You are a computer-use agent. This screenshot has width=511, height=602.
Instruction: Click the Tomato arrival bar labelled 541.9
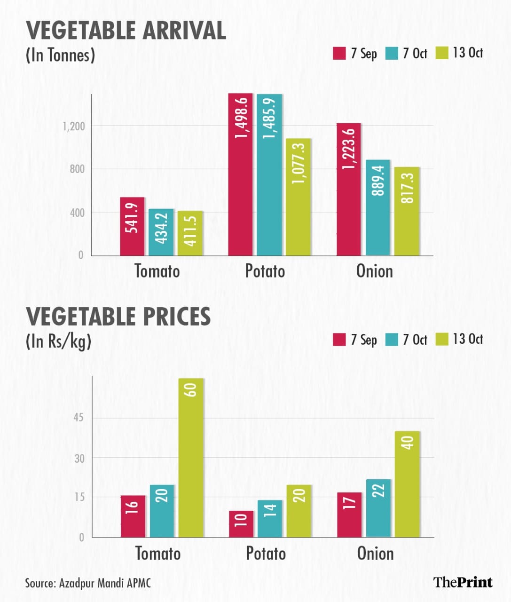click(132, 226)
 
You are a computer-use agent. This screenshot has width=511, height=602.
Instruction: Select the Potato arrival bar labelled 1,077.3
click(299, 197)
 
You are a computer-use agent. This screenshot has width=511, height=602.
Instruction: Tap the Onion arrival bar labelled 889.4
click(378, 207)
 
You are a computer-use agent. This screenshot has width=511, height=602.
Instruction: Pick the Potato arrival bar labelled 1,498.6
click(241, 174)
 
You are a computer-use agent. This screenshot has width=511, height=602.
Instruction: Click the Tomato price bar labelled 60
click(191, 458)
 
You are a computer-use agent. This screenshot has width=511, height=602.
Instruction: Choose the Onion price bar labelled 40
click(407, 484)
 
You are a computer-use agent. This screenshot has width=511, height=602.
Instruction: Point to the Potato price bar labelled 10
click(241, 524)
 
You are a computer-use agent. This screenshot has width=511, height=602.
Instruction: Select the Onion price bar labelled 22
click(378, 508)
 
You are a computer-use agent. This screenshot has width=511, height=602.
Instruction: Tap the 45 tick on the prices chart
click(79, 418)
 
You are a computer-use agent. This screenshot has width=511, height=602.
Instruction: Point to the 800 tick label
click(77, 169)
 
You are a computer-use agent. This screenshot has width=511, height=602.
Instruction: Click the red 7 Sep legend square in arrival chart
click(339, 53)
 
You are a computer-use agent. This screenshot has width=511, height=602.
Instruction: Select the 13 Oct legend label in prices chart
click(468, 339)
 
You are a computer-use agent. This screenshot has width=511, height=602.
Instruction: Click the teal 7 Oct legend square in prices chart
click(392, 340)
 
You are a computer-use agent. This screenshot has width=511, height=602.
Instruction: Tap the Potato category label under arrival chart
click(265, 271)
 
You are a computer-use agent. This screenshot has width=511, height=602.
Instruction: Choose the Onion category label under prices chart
click(375, 553)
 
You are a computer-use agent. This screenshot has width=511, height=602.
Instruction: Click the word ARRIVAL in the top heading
click(178, 31)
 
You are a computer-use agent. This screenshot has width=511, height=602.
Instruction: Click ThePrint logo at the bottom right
click(463, 582)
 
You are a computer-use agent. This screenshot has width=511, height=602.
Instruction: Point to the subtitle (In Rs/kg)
click(58, 341)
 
